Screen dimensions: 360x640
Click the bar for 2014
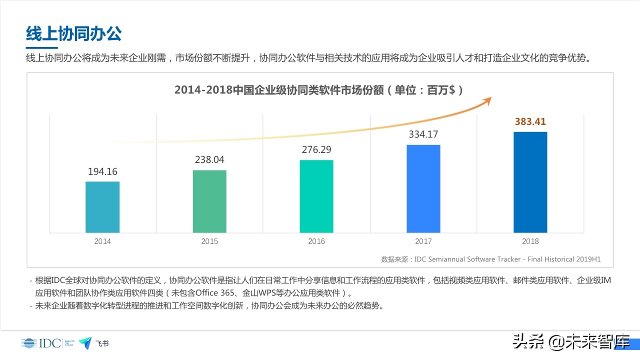(102, 207)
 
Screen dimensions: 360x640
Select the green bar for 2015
(209, 201)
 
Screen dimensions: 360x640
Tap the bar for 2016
(316, 196)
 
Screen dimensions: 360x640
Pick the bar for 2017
(423, 188)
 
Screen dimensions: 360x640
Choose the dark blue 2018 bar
(530, 182)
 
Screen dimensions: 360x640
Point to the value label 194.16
(102, 171)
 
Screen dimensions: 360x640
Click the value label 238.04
(209, 160)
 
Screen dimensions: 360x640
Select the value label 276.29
(316, 149)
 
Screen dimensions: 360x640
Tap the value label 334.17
(423, 134)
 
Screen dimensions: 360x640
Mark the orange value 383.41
(530, 121)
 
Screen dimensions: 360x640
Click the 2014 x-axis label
(102, 241)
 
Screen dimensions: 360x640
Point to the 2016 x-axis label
(316, 241)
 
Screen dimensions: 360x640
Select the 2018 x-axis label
(530, 241)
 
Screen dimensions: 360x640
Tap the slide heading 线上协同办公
(74, 33)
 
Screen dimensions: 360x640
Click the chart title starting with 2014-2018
(318, 90)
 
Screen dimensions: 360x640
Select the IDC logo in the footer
(41, 343)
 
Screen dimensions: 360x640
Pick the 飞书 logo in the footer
(93, 343)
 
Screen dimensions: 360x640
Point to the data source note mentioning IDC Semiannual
(490, 259)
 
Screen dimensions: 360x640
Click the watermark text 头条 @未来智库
(570, 343)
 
